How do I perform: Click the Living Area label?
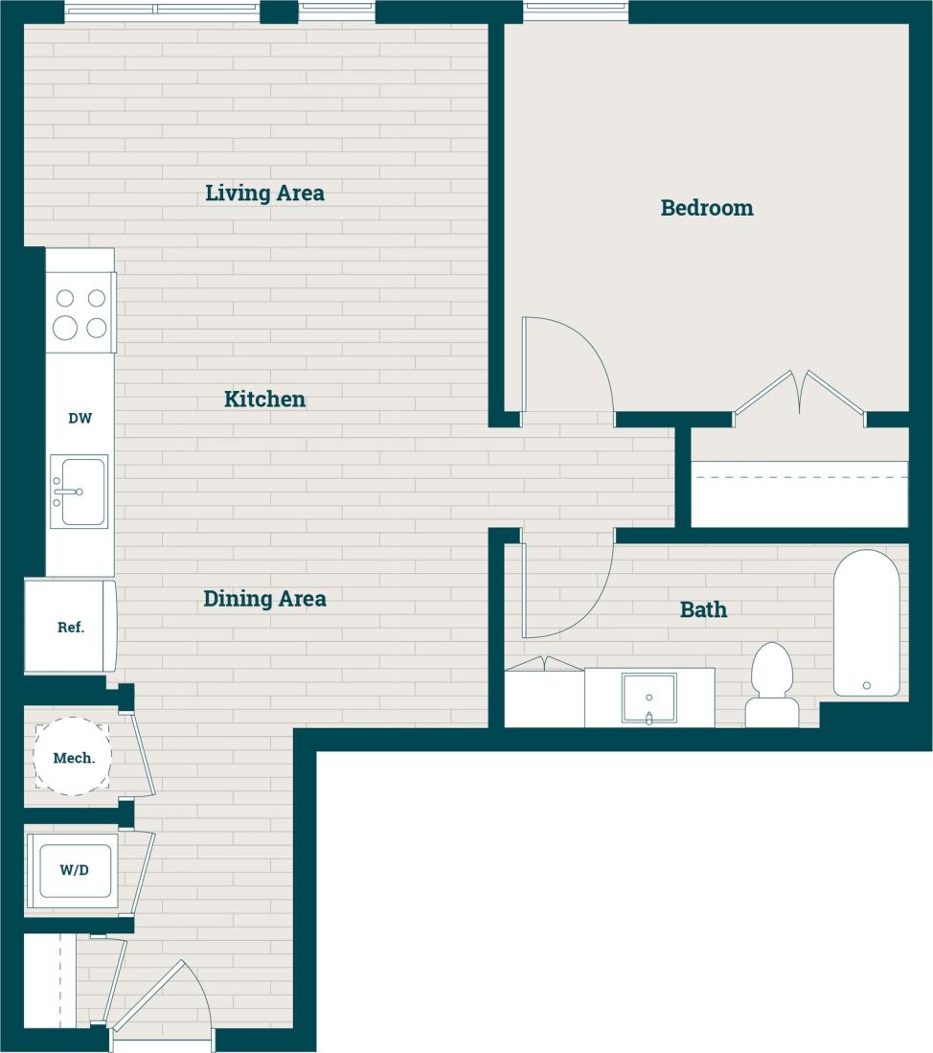264,193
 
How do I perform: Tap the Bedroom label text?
707,207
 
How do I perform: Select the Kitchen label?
264,399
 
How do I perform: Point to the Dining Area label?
264,599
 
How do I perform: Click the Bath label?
703,609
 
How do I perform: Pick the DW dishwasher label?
80,419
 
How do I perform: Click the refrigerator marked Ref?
71,628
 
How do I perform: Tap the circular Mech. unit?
73,757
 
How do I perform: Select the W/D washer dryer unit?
74,870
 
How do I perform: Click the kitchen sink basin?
82,491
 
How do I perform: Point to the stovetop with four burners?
80,312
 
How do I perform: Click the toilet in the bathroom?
772,684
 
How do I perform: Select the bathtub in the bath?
866,623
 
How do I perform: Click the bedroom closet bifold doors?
800,393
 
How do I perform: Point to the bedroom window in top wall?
576,11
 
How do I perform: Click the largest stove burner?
65,329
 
